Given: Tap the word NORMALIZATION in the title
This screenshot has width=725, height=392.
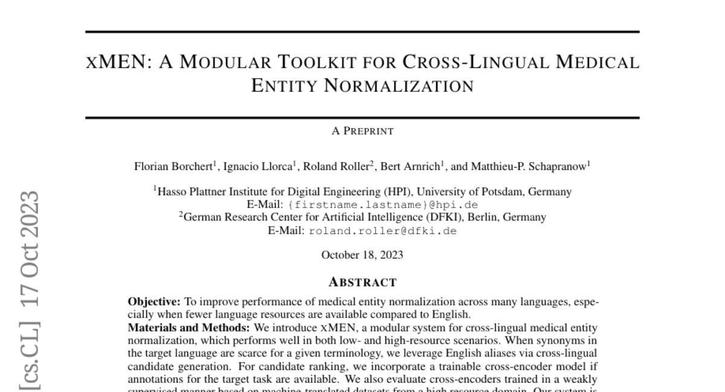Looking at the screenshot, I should (362, 87).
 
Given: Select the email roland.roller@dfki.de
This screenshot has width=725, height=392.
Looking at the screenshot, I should (382, 231).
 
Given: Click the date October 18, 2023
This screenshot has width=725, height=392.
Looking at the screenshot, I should (362, 255).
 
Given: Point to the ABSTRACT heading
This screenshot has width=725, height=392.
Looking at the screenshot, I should (362, 282).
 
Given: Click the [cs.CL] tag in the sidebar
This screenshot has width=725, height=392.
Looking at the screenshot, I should (30, 358).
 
